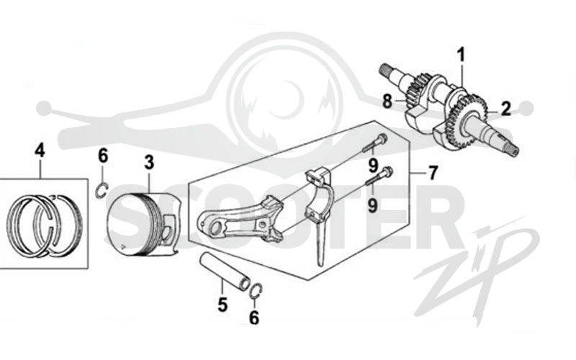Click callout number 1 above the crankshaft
pos(461,55)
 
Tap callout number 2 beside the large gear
pos(506,109)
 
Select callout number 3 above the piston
pos(149,163)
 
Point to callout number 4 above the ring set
pos(40,150)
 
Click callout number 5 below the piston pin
pos(222,305)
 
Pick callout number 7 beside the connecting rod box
pos(433,173)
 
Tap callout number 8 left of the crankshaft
pos(387,101)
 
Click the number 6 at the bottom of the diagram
pos(254,317)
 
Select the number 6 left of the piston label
pos(103,156)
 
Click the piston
pos(143,224)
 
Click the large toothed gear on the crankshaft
pos(467,121)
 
